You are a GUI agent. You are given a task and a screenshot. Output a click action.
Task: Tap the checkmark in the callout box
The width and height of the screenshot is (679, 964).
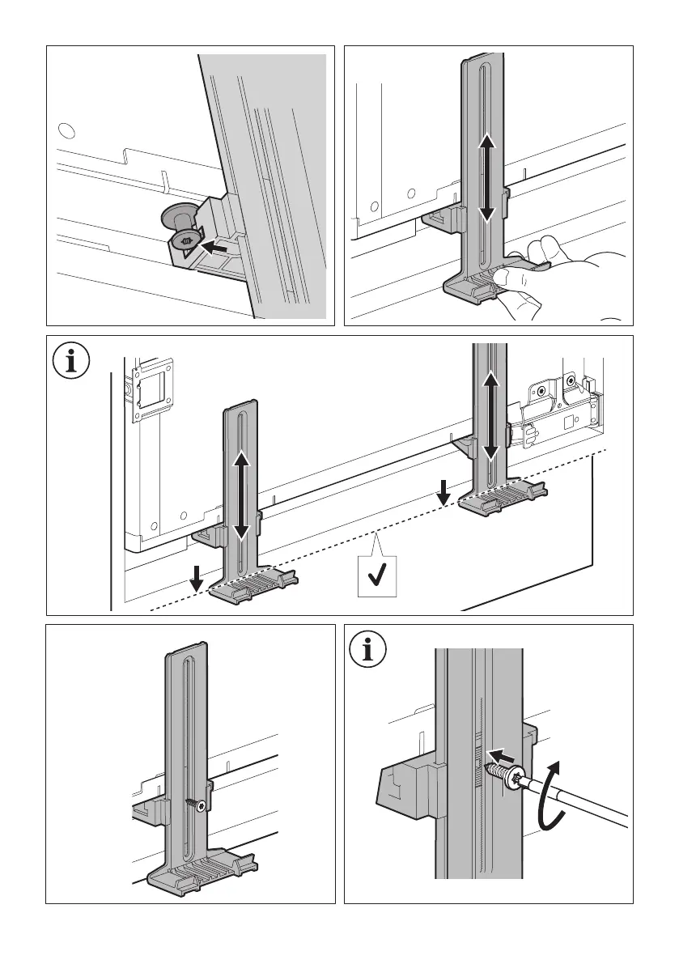(376, 577)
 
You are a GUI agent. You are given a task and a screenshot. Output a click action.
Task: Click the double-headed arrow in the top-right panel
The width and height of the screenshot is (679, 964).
(486, 178)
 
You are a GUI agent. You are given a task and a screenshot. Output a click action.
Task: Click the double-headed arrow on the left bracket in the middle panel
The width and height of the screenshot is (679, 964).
(241, 496)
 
